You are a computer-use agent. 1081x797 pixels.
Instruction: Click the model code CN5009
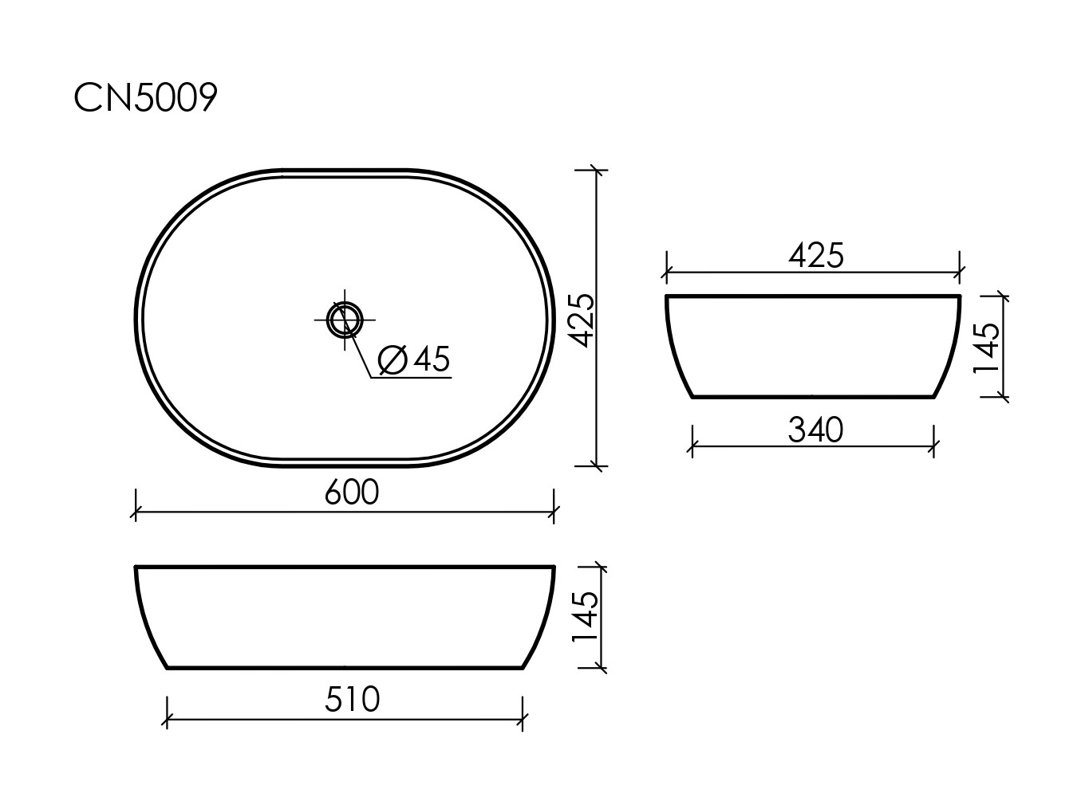145,99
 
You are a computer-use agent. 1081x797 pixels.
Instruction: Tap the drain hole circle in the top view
345,320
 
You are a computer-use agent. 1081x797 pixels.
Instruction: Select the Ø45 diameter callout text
415,359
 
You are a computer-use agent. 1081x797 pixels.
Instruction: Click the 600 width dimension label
352,493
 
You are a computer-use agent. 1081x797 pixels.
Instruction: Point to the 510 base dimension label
352,700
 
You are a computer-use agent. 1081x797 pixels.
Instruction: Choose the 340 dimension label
815,430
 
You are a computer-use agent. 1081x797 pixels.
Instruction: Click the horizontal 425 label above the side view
815,255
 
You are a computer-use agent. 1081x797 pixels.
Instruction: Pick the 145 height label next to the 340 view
986,347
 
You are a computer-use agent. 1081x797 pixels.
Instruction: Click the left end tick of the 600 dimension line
136,512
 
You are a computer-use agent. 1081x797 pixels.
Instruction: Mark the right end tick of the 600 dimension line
554,512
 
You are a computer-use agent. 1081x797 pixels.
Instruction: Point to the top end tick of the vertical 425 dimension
597,171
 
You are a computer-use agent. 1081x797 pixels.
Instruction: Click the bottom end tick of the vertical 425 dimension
597,465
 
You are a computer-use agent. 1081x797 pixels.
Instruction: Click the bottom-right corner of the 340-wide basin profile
933,396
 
